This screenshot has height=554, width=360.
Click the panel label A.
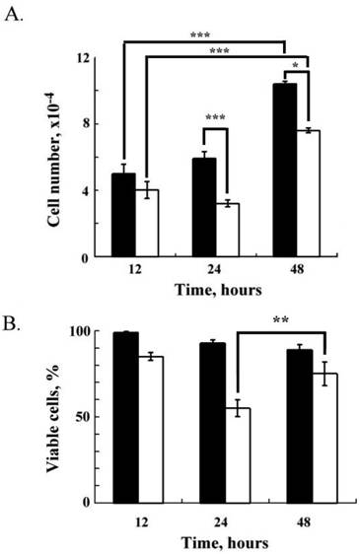pyautogui.click(x=16, y=14)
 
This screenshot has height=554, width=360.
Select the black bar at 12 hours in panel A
pyautogui.click(x=123, y=215)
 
